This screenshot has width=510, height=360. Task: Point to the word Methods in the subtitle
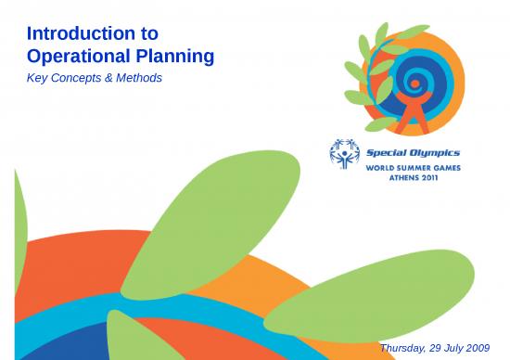(x=139, y=78)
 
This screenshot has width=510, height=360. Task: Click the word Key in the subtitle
(x=39, y=78)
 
